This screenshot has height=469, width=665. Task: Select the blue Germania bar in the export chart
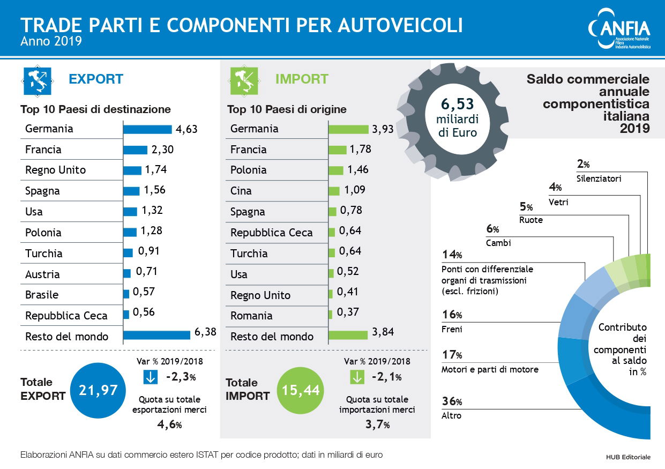click(147, 129)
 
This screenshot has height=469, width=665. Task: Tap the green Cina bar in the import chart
click(334, 191)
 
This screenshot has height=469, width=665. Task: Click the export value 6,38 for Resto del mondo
click(205, 332)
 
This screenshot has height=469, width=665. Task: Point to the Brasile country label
click(42, 295)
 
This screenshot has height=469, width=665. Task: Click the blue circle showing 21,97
click(98, 390)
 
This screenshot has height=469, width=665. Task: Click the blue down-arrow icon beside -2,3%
click(151, 377)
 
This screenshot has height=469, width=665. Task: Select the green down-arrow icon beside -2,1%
click(356, 377)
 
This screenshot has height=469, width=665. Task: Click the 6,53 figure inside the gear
click(457, 104)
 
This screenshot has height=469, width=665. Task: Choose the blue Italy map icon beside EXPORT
click(37, 80)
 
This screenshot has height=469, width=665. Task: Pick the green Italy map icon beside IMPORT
click(244, 80)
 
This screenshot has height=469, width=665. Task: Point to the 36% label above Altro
click(452, 401)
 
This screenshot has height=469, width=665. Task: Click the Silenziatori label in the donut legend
click(599, 178)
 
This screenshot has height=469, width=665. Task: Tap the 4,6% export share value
click(169, 425)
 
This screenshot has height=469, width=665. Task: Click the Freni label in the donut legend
click(451, 329)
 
